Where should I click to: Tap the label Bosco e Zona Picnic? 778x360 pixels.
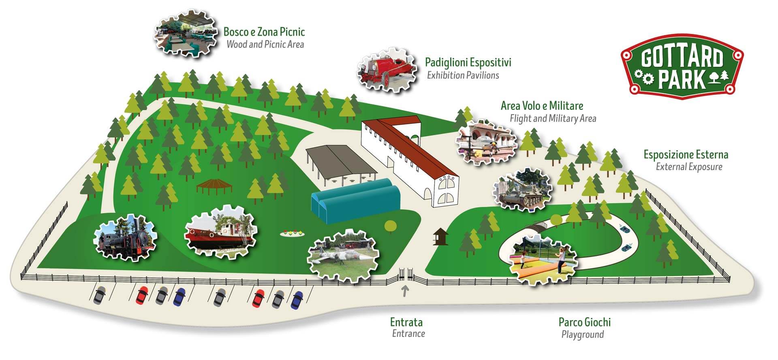pyautogui.click(x=264, y=32)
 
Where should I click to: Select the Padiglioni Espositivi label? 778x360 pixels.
pyautogui.click(x=468, y=62)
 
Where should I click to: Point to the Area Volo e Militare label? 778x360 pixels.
pyautogui.click(x=542, y=106)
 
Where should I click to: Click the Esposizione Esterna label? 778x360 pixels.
pyautogui.click(x=686, y=154)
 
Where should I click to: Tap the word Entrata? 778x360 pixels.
pyautogui.click(x=406, y=322)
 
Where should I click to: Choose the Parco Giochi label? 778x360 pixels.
pyautogui.click(x=584, y=322)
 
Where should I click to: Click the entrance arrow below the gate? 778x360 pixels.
pyautogui.click(x=404, y=291)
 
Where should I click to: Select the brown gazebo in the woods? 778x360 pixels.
pyautogui.click(x=215, y=186)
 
